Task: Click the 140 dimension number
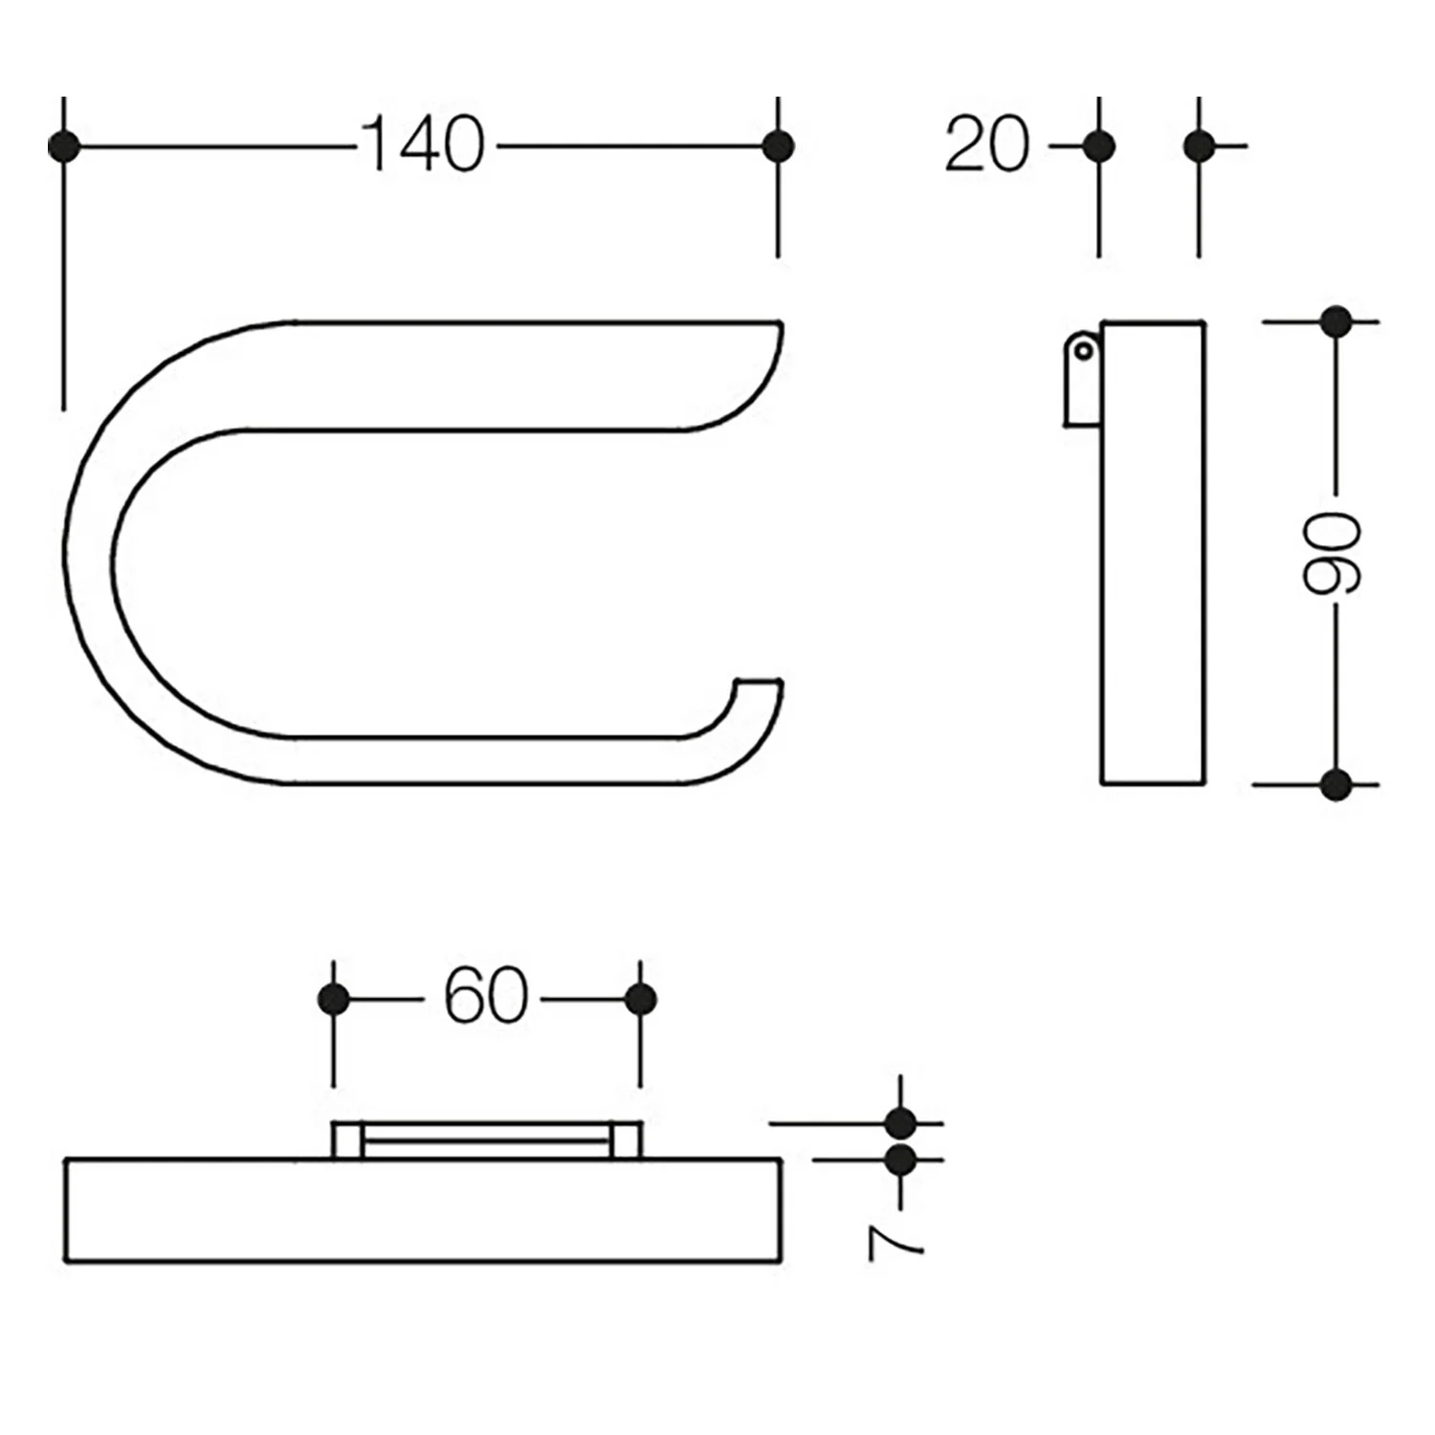423,145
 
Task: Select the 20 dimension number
987,145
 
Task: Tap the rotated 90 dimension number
1334,553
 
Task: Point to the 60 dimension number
485,998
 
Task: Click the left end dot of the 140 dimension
63,146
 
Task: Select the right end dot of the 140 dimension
779,146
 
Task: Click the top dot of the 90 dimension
1336,321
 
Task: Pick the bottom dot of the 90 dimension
1336,784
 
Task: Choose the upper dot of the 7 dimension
900,1123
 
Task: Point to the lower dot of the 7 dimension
900,1160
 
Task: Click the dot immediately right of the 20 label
1099,146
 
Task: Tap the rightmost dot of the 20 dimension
1199,146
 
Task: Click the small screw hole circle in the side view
1083,351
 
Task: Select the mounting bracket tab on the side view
1083,377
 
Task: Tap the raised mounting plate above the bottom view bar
487,1140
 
